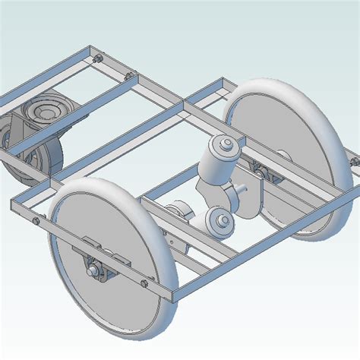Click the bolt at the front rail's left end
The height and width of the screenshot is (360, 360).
(x=36, y=221)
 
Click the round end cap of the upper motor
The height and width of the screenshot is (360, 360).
(x=226, y=144)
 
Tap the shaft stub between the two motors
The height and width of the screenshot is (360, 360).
(x=240, y=186)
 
